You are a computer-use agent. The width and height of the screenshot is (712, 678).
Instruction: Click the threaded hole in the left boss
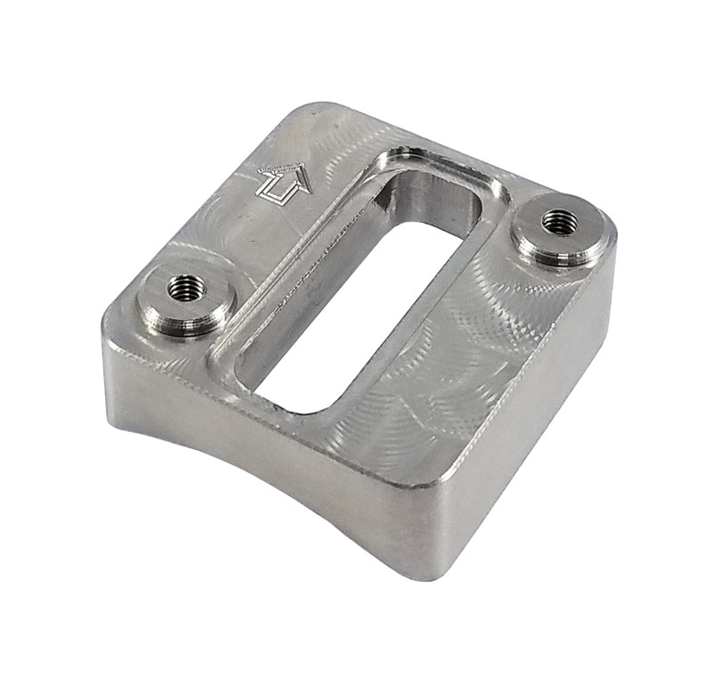(187, 287)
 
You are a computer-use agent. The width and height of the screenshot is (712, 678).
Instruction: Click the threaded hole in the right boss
(558, 219)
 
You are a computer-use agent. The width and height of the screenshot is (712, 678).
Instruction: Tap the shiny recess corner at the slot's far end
(400, 160)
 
